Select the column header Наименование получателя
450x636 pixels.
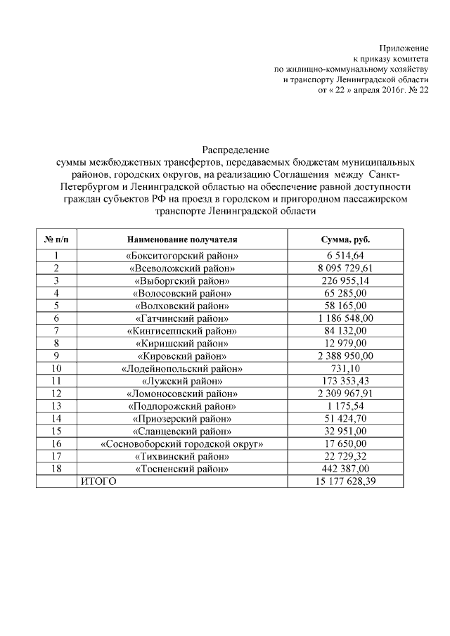(x=182, y=240)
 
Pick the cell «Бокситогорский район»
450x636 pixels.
(x=182, y=256)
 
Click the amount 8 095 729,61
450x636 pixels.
(x=345, y=268)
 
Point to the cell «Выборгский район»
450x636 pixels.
(x=182, y=281)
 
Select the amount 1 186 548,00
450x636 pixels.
(x=345, y=318)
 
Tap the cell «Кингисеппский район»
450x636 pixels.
(x=182, y=331)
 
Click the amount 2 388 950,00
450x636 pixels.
(x=345, y=356)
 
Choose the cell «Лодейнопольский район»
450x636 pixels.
(x=182, y=369)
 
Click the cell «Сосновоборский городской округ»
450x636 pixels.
(x=182, y=444)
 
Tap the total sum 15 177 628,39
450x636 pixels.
(x=345, y=481)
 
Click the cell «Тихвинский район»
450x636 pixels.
(x=182, y=457)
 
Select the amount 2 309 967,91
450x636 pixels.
(x=345, y=394)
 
